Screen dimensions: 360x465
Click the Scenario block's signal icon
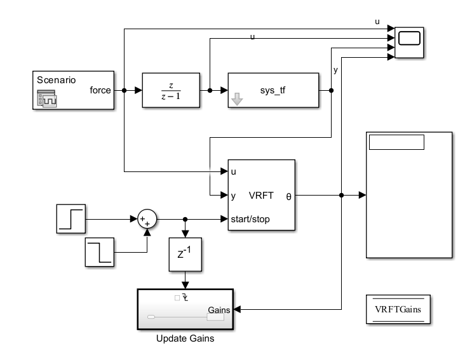coord(47,98)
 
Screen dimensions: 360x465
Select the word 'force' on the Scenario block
coord(101,90)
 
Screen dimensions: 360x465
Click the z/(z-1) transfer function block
coord(171,91)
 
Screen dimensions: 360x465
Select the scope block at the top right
coord(410,43)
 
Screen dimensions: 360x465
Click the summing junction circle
coord(147,219)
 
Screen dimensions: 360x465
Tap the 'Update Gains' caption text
coord(185,338)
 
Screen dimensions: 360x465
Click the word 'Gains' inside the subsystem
coord(220,310)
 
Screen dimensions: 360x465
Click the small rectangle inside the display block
coord(396,142)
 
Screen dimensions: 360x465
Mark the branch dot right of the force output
coord(124,90)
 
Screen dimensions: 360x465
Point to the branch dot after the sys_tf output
coord(332,90)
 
